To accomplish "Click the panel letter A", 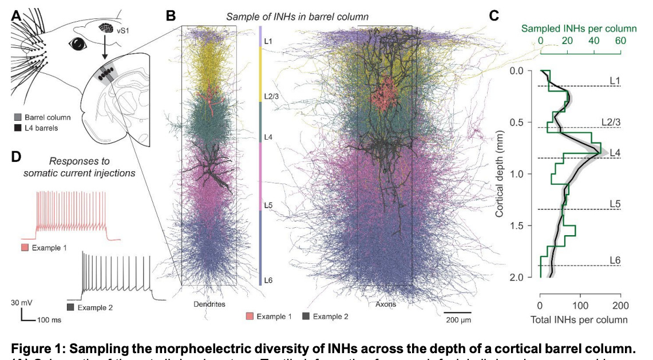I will tap(17, 16).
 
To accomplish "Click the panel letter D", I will tap(17, 156).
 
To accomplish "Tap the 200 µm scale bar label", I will tap(458, 318).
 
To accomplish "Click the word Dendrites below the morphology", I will tap(210, 304).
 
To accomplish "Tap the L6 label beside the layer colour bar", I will tap(268, 280).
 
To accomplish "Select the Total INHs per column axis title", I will tap(580, 319).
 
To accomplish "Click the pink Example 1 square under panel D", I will tap(23, 247).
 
